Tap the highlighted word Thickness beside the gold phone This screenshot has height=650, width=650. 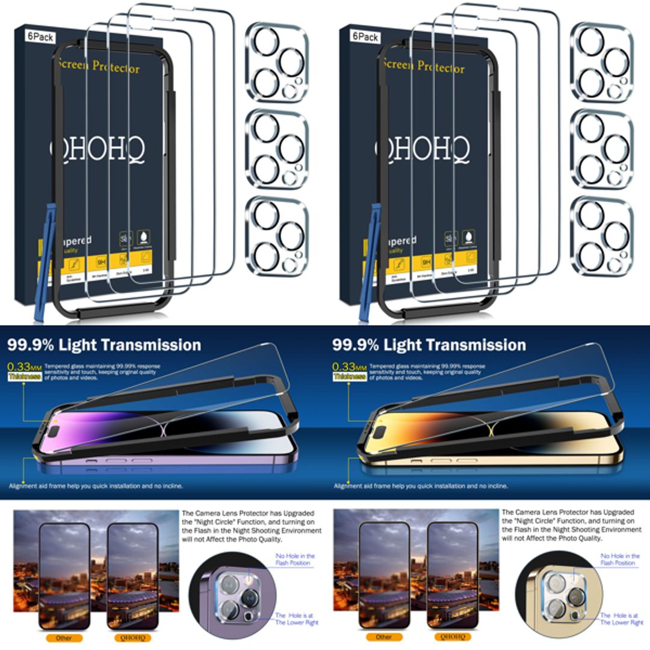pyautogui.click(x=350, y=376)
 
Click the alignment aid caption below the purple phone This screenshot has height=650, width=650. pyautogui.click(x=96, y=485)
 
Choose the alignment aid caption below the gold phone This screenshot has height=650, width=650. pyautogui.click(x=421, y=485)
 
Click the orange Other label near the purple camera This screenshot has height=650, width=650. pyautogui.click(x=64, y=637)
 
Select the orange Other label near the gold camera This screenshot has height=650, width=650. pyautogui.click(x=383, y=637)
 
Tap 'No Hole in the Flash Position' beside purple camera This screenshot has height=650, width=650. pyautogui.click(x=295, y=559)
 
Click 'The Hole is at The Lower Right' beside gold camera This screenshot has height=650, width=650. pyautogui.click(x=621, y=619)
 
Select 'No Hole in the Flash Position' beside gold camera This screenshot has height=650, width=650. pyautogui.click(x=620, y=559)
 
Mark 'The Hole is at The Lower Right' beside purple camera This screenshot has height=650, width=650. pyautogui.click(x=296, y=619)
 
